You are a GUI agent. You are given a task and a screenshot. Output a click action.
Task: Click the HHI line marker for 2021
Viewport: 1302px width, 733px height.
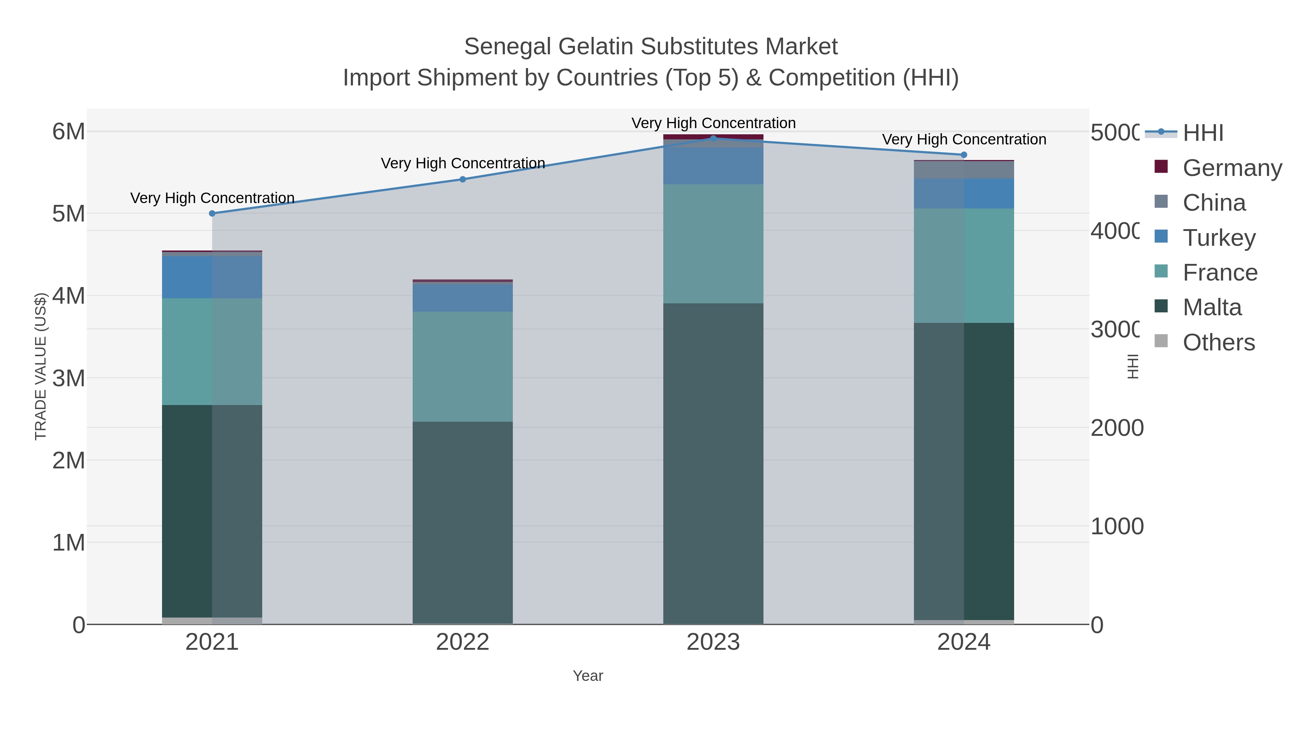[212, 214]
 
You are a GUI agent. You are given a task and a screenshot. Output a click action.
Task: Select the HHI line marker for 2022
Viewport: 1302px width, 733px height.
[463, 179]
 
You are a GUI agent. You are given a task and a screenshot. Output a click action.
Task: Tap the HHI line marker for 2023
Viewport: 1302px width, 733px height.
[713, 138]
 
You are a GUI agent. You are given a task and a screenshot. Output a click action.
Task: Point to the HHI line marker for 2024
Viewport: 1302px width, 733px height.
[964, 155]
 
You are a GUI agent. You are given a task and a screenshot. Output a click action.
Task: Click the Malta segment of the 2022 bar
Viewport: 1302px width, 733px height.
[463, 521]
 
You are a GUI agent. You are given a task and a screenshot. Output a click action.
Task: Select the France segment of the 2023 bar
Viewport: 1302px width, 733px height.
[713, 244]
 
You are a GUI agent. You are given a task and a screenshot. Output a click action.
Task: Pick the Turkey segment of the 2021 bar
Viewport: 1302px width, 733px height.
[212, 277]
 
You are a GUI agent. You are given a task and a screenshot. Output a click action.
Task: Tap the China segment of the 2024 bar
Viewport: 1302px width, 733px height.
[964, 170]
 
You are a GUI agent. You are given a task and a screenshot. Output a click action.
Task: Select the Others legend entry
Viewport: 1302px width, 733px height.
[1218, 342]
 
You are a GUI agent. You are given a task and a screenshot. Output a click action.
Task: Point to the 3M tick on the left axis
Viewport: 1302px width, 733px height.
[69, 378]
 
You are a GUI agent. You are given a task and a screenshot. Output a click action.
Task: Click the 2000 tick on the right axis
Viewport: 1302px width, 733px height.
[1116, 428]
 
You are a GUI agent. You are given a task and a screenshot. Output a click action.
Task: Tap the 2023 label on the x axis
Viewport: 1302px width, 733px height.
[713, 642]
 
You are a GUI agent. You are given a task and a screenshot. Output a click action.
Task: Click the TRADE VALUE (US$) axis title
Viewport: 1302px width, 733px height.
[41, 366]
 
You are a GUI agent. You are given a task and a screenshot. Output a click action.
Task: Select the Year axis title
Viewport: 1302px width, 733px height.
[588, 675]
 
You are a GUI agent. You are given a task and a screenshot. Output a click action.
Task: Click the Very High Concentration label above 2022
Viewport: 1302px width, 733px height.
[463, 163]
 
